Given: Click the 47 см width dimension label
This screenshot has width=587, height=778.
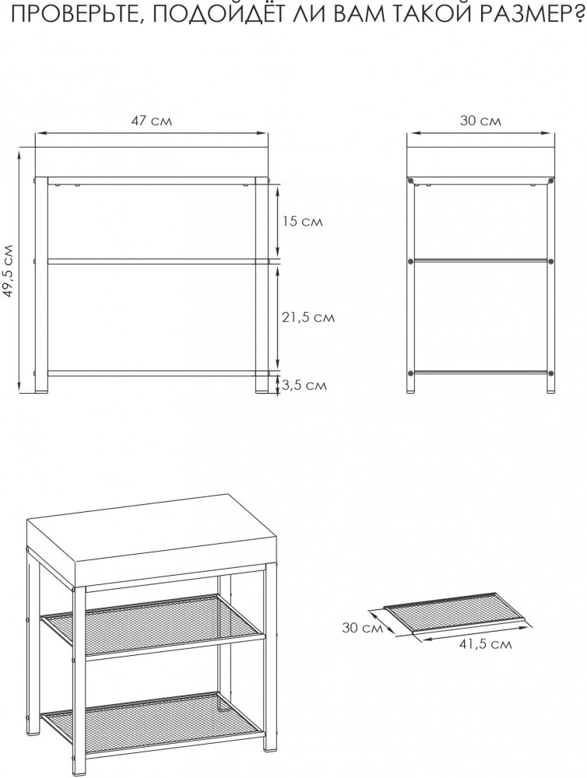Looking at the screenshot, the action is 152,121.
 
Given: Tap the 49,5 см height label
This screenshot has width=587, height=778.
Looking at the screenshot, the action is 9,271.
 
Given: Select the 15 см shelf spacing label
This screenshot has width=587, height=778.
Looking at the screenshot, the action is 302,221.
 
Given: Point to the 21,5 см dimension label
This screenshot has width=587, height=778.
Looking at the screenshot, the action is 308,317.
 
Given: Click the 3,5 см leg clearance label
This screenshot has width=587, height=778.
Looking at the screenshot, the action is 304,384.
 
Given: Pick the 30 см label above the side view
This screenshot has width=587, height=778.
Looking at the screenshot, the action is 480,121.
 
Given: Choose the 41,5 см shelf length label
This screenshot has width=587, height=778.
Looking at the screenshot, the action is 485,644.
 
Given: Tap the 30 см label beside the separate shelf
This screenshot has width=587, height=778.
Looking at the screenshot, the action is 363,628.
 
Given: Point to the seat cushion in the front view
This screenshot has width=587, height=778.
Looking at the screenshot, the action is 152,163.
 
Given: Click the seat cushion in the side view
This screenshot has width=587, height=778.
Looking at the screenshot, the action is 480,163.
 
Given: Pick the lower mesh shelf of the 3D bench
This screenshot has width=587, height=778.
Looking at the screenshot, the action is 152,725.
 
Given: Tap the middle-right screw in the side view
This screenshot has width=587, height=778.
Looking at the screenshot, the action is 550,261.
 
